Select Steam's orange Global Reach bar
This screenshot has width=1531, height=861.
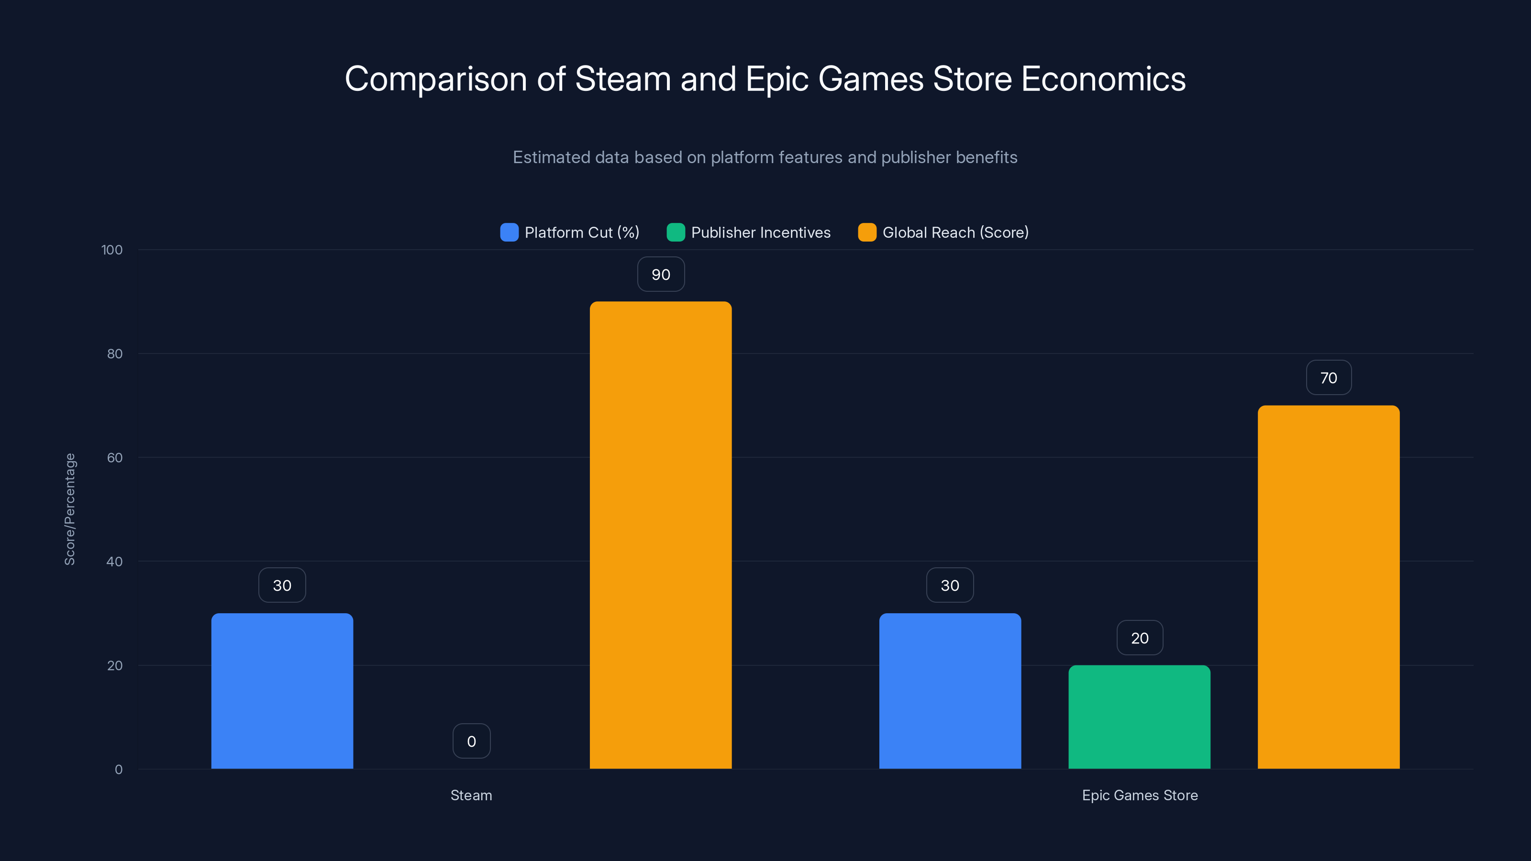(x=660, y=535)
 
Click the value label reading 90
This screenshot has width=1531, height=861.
(x=661, y=275)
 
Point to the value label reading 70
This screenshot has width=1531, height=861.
(x=1328, y=378)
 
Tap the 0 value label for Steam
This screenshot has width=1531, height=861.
(x=471, y=741)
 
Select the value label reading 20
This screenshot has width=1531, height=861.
(x=1139, y=638)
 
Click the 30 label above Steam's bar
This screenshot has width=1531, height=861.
(x=282, y=585)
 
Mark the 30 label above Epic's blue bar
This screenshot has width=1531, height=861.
(x=950, y=585)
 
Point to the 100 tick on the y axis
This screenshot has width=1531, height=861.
(x=112, y=250)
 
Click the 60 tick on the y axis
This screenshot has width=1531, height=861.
(x=115, y=458)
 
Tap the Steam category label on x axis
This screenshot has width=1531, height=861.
(x=471, y=795)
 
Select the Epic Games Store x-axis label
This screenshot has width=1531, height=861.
(x=1139, y=795)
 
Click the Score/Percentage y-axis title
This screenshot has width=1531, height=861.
(x=70, y=509)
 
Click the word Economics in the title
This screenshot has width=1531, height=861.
(x=1103, y=79)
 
